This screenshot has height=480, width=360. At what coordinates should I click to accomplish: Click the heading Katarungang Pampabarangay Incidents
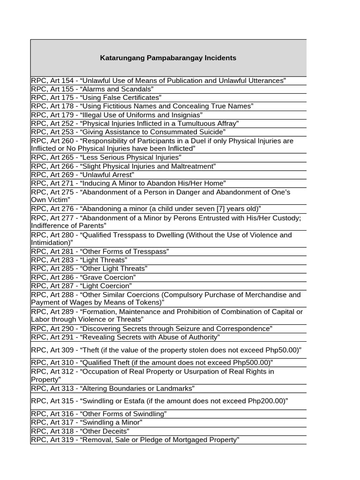click(x=168, y=58)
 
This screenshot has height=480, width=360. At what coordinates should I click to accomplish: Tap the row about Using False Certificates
click(x=96, y=97)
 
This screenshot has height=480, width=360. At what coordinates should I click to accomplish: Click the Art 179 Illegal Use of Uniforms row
click(x=117, y=115)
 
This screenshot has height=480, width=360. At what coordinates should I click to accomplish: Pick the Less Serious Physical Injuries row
click(x=106, y=157)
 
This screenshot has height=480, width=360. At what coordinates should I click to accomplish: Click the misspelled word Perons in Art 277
click(x=192, y=218)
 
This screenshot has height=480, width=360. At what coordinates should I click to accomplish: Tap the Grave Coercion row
click(x=84, y=277)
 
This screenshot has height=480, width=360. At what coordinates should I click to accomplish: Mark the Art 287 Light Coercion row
click(x=82, y=285)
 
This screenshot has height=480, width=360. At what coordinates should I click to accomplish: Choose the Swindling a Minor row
click(x=87, y=422)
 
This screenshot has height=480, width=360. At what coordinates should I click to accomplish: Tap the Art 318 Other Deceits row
click(x=80, y=431)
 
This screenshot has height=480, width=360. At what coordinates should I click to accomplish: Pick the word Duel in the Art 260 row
click(x=224, y=141)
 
